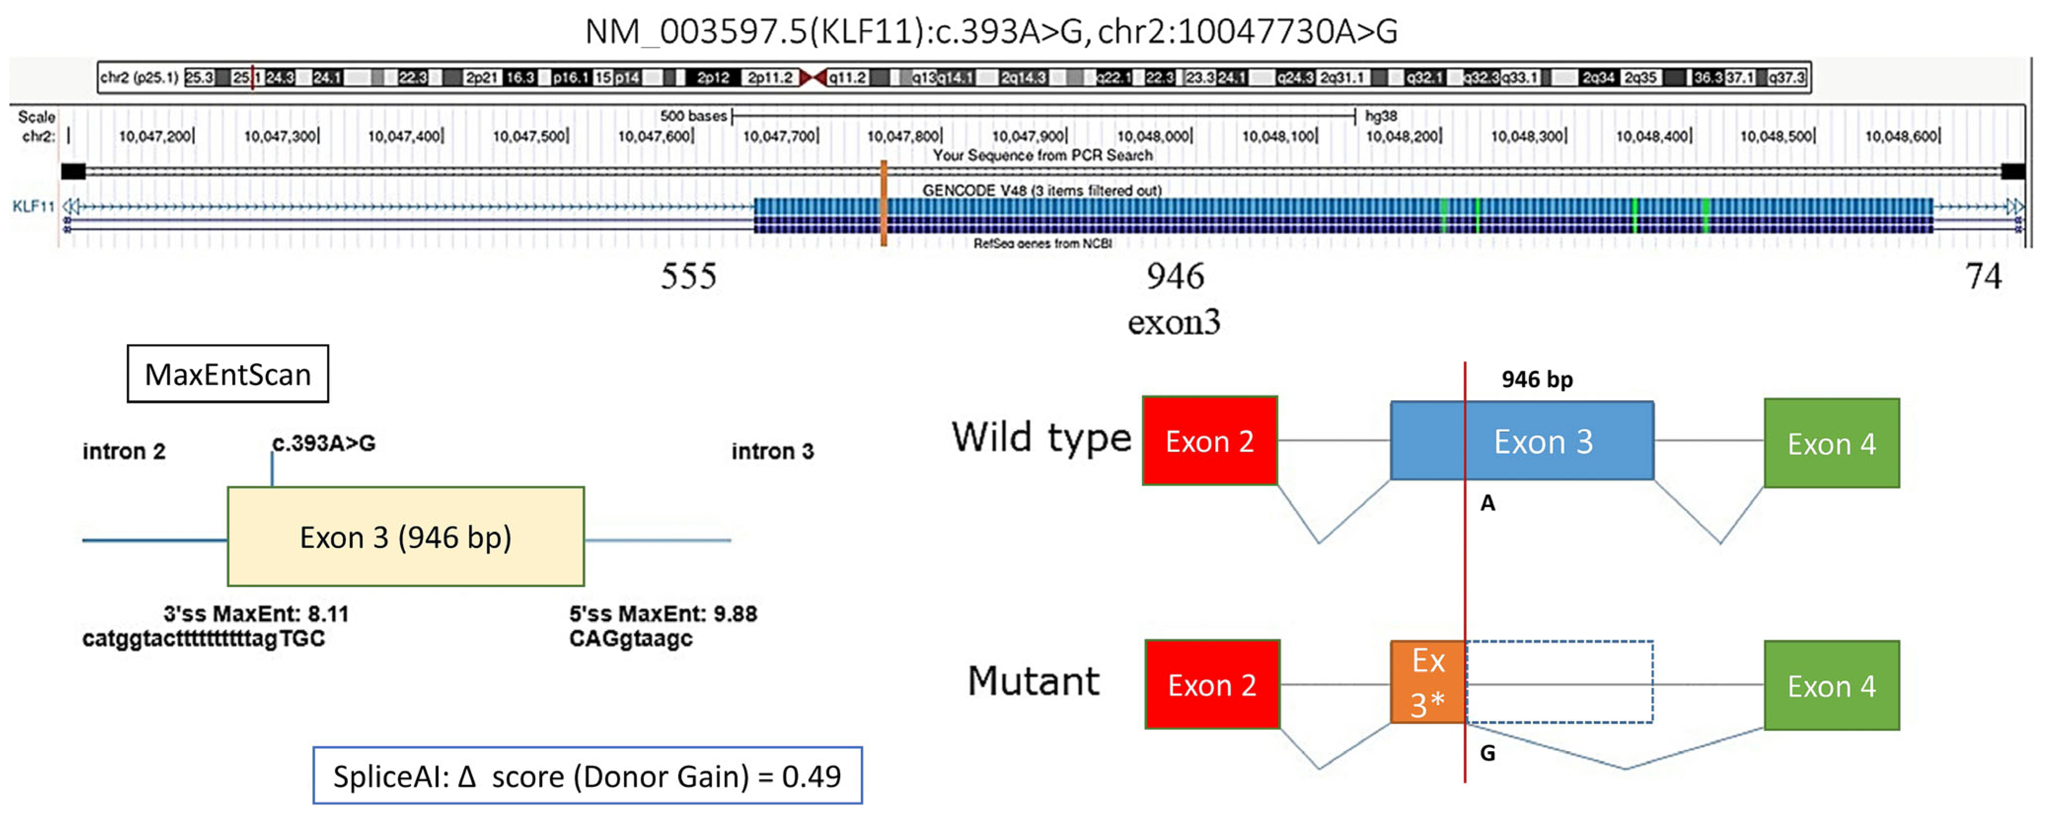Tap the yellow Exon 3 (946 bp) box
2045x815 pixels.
point(405,537)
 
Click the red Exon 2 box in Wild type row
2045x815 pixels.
point(1209,441)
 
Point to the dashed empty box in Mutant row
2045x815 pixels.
point(1559,682)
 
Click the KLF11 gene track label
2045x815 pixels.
point(33,206)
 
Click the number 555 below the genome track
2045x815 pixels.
point(688,276)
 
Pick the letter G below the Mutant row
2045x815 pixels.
point(1487,752)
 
